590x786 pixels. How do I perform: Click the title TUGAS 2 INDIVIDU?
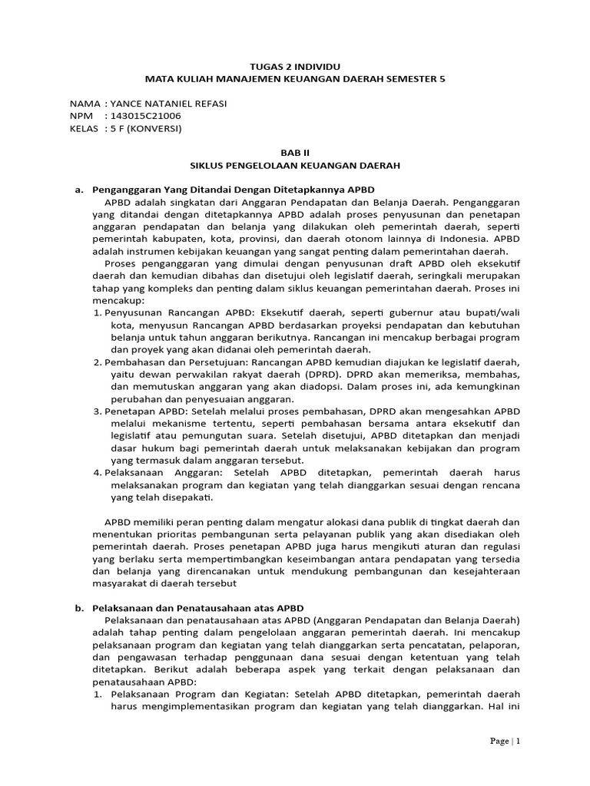click(x=295, y=66)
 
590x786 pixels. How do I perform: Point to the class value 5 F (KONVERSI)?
click(x=146, y=128)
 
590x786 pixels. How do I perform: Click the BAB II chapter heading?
click(x=295, y=153)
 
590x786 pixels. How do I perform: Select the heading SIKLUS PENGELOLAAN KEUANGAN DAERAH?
click(x=295, y=165)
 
